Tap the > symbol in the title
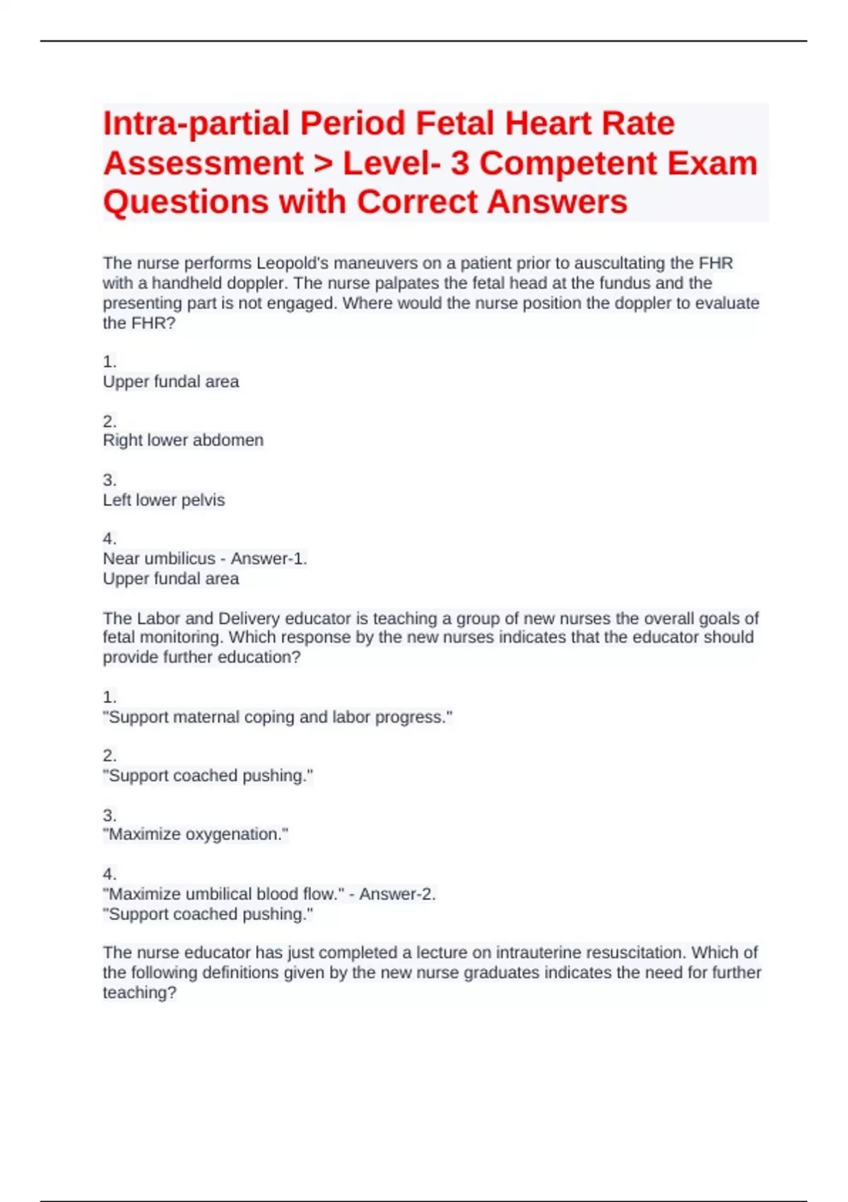322,163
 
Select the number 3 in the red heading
460,163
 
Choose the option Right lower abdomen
183,440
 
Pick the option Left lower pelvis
164,500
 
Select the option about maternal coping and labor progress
277,717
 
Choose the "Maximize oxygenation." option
196,834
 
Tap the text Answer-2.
397,894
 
